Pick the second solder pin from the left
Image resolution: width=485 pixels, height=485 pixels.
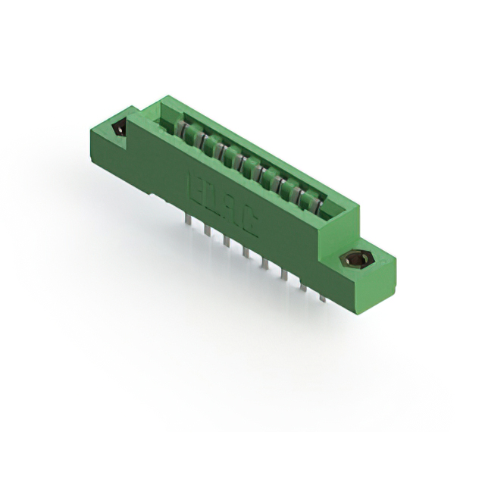pos(207,228)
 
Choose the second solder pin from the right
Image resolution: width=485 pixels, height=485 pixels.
pos(304,286)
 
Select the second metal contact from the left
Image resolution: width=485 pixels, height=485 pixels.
pos(199,137)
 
